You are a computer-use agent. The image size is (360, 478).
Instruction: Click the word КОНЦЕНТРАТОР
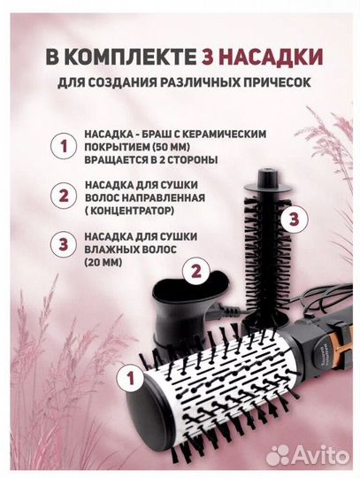pos(134,212)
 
